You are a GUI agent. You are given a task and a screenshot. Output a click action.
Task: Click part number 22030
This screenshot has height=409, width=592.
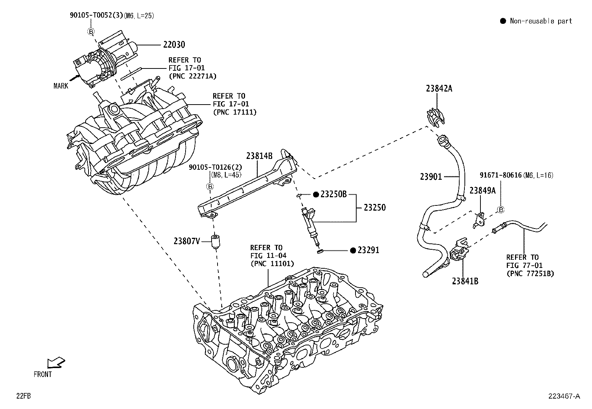pyautogui.click(x=174, y=45)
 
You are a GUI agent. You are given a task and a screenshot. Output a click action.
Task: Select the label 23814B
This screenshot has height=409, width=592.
pyautogui.click(x=259, y=156)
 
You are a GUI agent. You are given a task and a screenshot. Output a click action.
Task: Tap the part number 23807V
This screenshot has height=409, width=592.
pyautogui.click(x=187, y=241)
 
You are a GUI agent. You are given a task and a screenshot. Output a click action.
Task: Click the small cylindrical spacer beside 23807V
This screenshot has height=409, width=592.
pyautogui.click(x=215, y=242)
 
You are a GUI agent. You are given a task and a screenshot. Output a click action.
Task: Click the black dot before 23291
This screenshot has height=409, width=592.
pyautogui.click(x=353, y=250)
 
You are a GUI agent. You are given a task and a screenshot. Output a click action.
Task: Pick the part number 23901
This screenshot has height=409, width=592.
pyautogui.click(x=431, y=176)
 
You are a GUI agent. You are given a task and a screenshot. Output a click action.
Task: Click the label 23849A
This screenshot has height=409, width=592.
pyautogui.click(x=482, y=191)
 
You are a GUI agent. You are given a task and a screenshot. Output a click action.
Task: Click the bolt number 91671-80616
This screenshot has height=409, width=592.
pyautogui.click(x=500, y=175)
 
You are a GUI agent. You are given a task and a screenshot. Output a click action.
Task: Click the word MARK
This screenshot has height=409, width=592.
pyautogui.click(x=61, y=86)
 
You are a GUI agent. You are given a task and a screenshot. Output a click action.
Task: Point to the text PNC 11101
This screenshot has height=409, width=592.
pyautogui.click(x=272, y=263)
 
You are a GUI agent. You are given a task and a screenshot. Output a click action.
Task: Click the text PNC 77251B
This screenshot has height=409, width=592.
pyautogui.click(x=530, y=274)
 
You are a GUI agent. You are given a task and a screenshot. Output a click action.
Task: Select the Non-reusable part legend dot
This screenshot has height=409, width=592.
pyautogui.click(x=503, y=21)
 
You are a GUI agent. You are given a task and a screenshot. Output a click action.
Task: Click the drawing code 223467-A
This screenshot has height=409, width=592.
pyautogui.click(x=564, y=396)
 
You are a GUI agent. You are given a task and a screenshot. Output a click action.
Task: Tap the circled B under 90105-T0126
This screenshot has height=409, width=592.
pyautogui.click(x=210, y=187)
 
